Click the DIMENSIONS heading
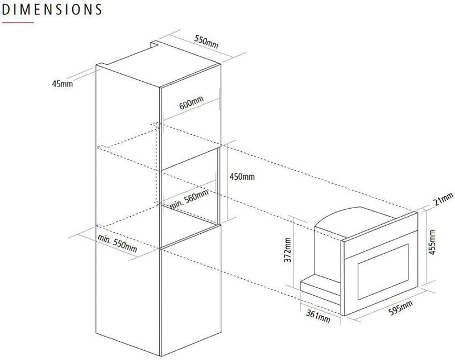pyautogui.click(x=52, y=9)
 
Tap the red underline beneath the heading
pyautogui.click(x=18, y=23)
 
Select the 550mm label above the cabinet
pyautogui.click(x=206, y=42)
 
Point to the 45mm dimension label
pyautogui.click(x=63, y=84)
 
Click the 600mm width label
pyautogui.click(x=191, y=103)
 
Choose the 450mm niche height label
pyautogui.click(x=242, y=176)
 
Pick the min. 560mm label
pyautogui.click(x=189, y=199)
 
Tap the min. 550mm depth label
pyautogui.click(x=117, y=243)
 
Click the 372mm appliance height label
pyautogui.click(x=288, y=250)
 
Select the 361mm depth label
pyautogui.click(x=318, y=316)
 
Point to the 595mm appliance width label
pyautogui.click(x=400, y=308)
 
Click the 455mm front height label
pyautogui.click(x=432, y=242)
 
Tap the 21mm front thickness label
pyautogui.click(x=444, y=200)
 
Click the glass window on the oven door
pyautogui.click(x=383, y=272)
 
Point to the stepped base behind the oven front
pyautogui.click(x=320, y=289)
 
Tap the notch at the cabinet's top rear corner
pyautogui.click(x=154, y=44)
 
